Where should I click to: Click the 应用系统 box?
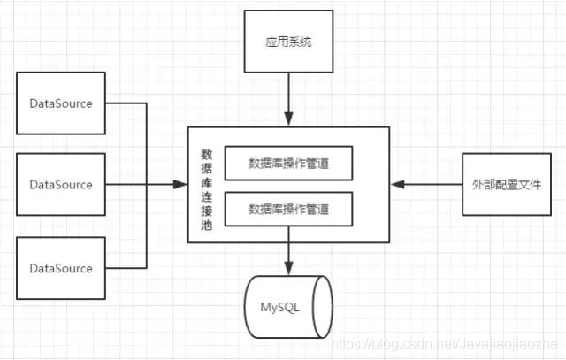pyautogui.click(x=288, y=42)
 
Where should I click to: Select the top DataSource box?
pyautogui.click(x=61, y=103)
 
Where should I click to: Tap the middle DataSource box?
pyautogui.click(x=61, y=185)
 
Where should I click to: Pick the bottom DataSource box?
pyautogui.click(x=61, y=268)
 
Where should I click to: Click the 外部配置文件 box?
pyautogui.click(x=501, y=185)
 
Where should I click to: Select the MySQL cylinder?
pyautogui.click(x=288, y=308)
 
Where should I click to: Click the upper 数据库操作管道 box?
pyautogui.click(x=288, y=163)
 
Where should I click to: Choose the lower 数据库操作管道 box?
pyautogui.click(x=288, y=210)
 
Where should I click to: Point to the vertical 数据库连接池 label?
pyautogui.click(x=206, y=186)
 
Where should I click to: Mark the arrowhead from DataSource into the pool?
pyautogui.click(x=182, y=185)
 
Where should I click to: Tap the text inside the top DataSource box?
pyautogui.click(x=61, y=103)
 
